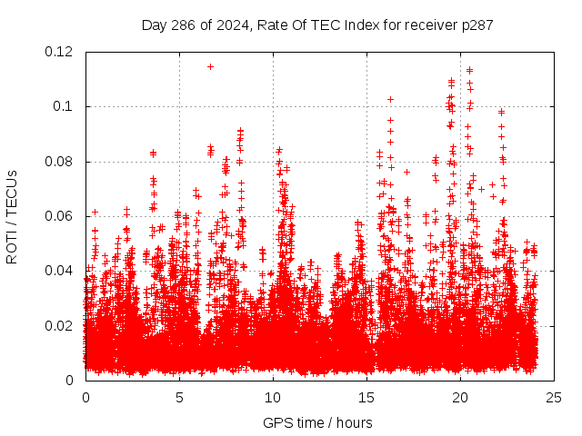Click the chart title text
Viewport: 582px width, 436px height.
point(317,25)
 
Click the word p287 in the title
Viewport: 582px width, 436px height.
point(477,25)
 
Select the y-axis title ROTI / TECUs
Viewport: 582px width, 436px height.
point(12,216)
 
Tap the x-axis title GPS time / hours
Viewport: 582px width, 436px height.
point(316,422)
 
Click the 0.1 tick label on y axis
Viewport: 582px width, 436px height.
point(65,106)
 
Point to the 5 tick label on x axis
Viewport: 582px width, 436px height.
point(179,397)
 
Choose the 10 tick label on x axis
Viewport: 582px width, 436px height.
point(273,397)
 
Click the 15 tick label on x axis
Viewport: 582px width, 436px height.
point(366,397)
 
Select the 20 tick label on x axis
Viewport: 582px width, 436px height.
point(460,397)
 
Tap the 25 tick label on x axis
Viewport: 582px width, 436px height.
point(554,397)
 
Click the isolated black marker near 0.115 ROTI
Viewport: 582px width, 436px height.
point(210,66)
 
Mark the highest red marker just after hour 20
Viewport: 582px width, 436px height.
point(469,70)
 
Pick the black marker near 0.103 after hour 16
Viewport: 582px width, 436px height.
point(390,99)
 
